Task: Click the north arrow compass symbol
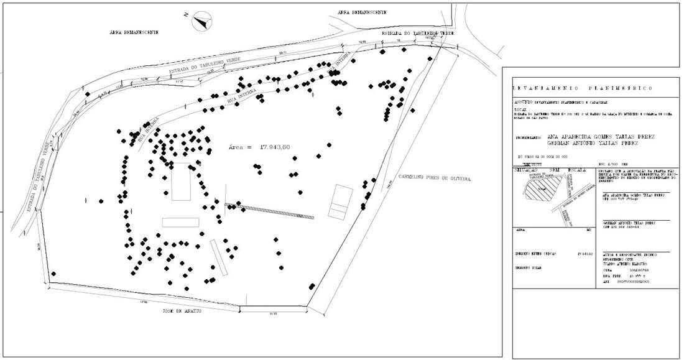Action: tap(202, 22)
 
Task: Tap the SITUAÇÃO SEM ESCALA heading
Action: tap(547, 169)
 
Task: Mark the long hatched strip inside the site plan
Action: tap(269, 211)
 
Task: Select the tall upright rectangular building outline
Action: tap(181, 182)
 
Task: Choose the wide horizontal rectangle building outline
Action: tap(180, 222)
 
